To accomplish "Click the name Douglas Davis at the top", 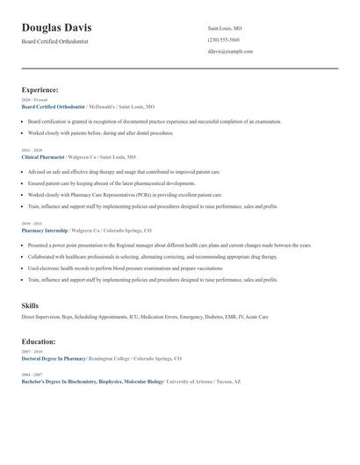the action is (56, 28).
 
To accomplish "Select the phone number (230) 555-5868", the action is (223, 39).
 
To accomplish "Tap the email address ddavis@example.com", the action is (230, 51).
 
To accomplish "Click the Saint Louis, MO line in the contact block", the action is (225, 28).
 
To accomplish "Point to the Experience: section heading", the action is (40, 89).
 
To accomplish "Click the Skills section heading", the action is (30, 305).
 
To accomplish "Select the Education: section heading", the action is (39, 341).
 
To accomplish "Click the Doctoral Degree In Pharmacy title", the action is (54, 359).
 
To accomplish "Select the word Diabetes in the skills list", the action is (205, 316).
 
